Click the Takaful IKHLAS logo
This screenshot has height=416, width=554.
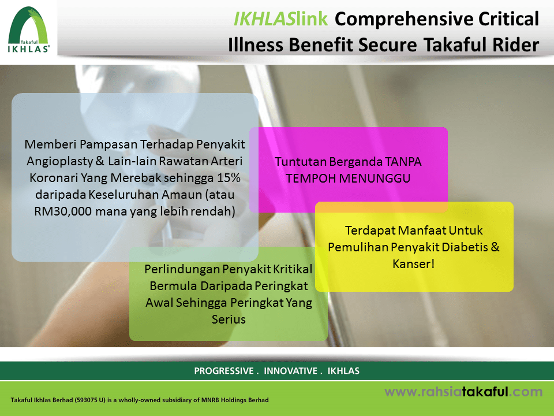pyautogui.click(x=29, y=29)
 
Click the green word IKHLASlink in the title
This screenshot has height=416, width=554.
pyautogui.click(x=281, y=19)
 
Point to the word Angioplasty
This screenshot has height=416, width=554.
pyautogui.click(x=59, y=161)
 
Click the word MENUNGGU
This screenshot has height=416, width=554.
pyautogui.click(x=375, y=179)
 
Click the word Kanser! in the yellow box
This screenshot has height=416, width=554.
pyautogui.click(x=413, y=263)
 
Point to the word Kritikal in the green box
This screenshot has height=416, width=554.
pyautogui.click(x=292, y=269)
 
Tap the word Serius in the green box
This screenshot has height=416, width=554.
pyautogui.click(x=229, y=320)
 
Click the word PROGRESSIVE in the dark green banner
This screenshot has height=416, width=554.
pyautogui.click(x=224, y=371)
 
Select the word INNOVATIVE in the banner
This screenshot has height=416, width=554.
pyautogui.click(x=290, y=371)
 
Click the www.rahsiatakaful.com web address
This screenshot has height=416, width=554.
pyautogui.click(x=463, y=392)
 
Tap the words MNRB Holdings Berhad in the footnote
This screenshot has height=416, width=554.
pyautogui.click(x=235, y=400)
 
